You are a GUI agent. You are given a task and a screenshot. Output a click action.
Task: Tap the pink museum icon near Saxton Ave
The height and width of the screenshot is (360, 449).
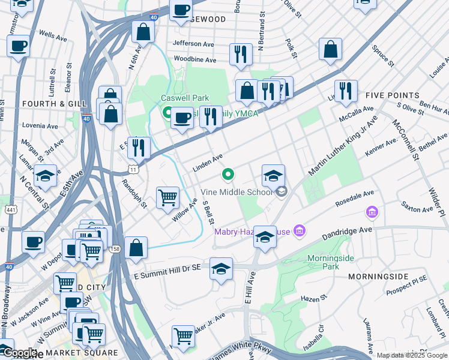click(x=372, y=212)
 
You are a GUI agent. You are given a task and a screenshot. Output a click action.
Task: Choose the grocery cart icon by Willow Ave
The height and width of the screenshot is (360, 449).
click(x=167, y=197)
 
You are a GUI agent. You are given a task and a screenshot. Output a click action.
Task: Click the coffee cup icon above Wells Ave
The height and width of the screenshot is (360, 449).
click(x=19, y=46)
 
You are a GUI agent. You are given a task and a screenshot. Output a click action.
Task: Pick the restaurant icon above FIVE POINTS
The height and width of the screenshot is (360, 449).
click(x=345, y=91)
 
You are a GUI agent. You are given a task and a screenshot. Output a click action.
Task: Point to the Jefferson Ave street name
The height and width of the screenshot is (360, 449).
click(x=193, y=43)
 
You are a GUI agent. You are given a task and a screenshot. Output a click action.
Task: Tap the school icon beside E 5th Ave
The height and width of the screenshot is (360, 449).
click(x=45, y=176)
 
